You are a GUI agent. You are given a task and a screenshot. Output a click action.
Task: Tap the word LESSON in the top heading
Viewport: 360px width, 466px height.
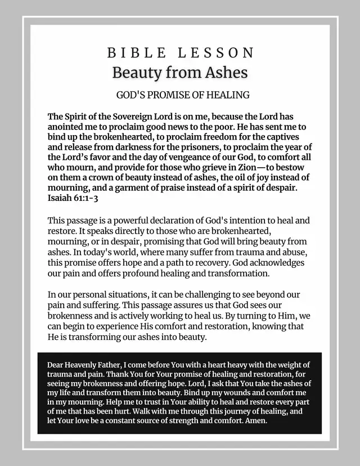coord(216,53)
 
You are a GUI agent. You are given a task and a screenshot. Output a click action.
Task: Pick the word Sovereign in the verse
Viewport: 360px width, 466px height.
coord(130,117)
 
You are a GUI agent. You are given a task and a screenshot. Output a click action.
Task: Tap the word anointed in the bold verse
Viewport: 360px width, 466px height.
coord(66,127)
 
